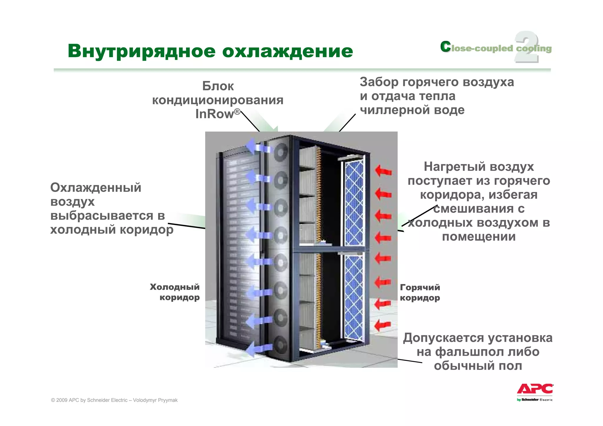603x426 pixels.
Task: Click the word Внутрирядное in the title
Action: point(142,51)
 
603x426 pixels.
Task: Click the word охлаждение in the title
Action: point(287,51)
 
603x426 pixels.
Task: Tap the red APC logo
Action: point(535,389)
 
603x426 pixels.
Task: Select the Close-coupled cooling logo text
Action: point(496,48)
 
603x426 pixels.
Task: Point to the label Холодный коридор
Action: point(175,292)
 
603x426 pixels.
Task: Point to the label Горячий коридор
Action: point(420,292)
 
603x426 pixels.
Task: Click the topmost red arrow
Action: point(383,171)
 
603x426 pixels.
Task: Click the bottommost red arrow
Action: point(383,325)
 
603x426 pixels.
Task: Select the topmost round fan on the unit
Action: point(281,152)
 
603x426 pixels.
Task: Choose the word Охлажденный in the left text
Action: point(96,188)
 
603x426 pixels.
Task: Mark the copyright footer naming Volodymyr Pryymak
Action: point(114,400)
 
